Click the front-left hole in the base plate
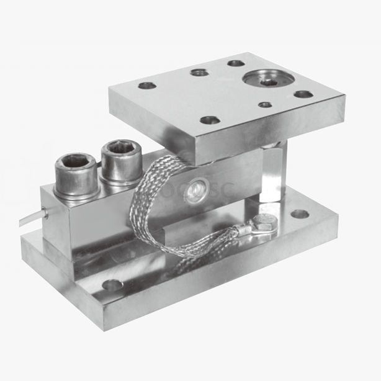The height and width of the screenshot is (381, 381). click(112, 285)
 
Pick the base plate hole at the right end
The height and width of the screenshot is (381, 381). click(300, 214)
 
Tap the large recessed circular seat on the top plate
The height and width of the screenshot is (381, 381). click(268, 79)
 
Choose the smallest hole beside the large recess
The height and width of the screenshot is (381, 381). click(266, 104)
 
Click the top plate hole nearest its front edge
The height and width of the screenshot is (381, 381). click(209, 119)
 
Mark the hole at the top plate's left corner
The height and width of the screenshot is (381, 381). click(147, 85)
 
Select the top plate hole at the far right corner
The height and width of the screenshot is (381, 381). click(303, 94)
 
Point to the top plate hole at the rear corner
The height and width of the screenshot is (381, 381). click(235, 63)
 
